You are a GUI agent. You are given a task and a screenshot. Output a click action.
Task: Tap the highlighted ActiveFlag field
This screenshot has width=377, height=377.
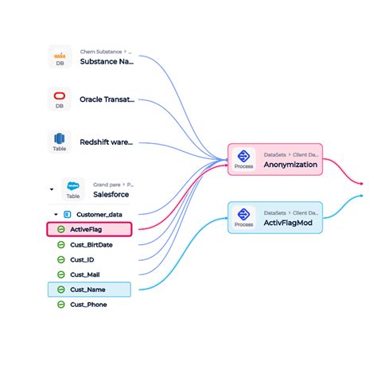90,229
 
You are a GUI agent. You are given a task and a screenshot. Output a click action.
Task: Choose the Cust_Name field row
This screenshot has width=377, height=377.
90,289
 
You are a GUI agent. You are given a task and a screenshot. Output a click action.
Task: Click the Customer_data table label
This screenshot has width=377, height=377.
99,214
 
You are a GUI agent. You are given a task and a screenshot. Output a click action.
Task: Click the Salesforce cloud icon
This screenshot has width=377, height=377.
73,184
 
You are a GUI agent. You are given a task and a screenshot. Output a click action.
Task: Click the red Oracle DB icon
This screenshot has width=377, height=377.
60,97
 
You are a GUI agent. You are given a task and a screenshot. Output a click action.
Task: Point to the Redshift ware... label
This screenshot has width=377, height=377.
107,142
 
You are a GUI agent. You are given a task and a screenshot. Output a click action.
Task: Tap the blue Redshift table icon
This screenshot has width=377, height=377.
60,138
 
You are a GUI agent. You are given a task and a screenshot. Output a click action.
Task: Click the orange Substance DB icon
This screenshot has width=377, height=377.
60,56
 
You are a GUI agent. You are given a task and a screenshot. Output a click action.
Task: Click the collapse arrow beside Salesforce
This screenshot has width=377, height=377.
52,189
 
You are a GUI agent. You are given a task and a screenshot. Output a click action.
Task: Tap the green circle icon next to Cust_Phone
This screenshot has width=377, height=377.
60,304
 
